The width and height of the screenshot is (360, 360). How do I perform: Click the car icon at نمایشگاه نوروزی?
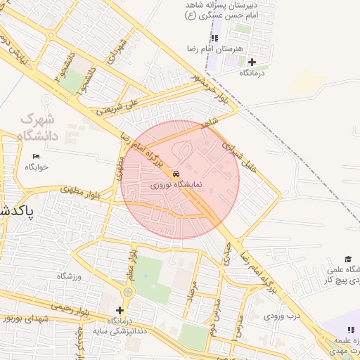tap(176, 173)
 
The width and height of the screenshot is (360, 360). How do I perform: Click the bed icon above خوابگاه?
tap(37, 156)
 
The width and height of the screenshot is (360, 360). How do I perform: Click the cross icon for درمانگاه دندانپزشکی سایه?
tap(120, 310)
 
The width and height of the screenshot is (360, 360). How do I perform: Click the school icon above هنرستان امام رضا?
tap(215, 37)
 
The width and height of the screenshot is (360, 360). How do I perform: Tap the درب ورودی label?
tap(282, 316)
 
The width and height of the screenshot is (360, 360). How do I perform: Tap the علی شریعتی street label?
tap(113, 106)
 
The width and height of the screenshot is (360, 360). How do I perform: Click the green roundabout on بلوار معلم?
tap(127, 292)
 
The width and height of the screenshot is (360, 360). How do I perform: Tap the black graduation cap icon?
tap(347, 259)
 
